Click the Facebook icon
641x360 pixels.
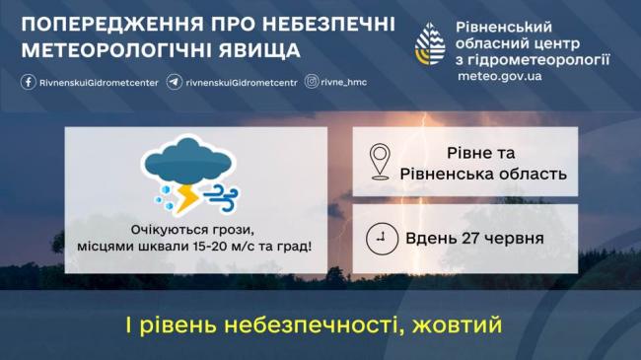pyautogui.click(x=29, y=82)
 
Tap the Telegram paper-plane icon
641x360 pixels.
pyautogui.click(x=175, y=82)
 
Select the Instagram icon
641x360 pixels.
pyautogui.click(x=311, y=82)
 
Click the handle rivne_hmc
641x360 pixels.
pyautogui.click(x=344, y=82)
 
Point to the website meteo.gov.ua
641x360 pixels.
pyautogui.click(x=500, y=76)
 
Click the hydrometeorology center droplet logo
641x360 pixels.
pyautogui.click(x=430, y=44)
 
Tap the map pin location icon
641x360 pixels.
pyautogui.click(x=380, y=162)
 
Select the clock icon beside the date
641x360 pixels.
pyautogui.click(x=382, y=239)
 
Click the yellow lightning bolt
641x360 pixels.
pyautogui.click(x=186, y=199)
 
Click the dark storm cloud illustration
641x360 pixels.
pyautogui.click(x=188, y=161)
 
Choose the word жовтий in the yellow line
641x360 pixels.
pyautogui.click(x=457, y=325)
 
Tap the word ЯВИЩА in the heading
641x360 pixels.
pyautogui.click(x=259, y=50)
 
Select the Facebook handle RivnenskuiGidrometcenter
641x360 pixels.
pyautogui.click(x=99, y=83)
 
